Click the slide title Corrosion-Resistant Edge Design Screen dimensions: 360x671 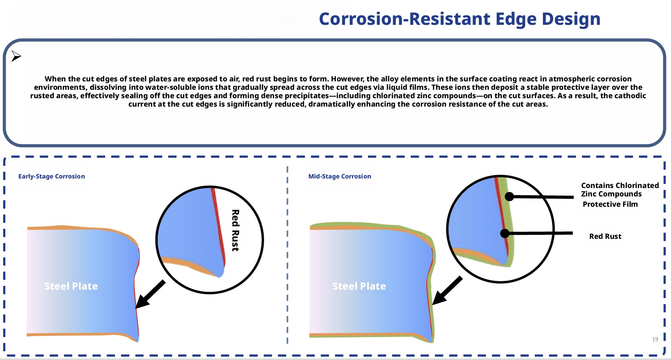click(459, 19)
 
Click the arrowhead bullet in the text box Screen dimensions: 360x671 click(16, 56)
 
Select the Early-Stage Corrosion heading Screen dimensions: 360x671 click(52, 176)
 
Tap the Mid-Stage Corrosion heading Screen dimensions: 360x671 click(339, 176)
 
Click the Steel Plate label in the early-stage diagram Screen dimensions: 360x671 click(71, 286)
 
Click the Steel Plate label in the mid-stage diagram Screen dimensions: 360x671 click(359, 286)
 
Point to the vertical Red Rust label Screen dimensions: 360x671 click(235, 230)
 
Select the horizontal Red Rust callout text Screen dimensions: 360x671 click(605, 236)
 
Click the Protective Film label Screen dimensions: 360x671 click(610, 204)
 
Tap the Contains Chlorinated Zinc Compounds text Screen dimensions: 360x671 click(619, 190)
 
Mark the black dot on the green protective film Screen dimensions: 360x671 click(509, 196)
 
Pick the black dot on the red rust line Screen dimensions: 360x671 click(505, 233)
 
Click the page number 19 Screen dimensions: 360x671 click(655, 339)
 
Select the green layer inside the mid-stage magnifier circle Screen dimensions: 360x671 click(508, 214)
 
